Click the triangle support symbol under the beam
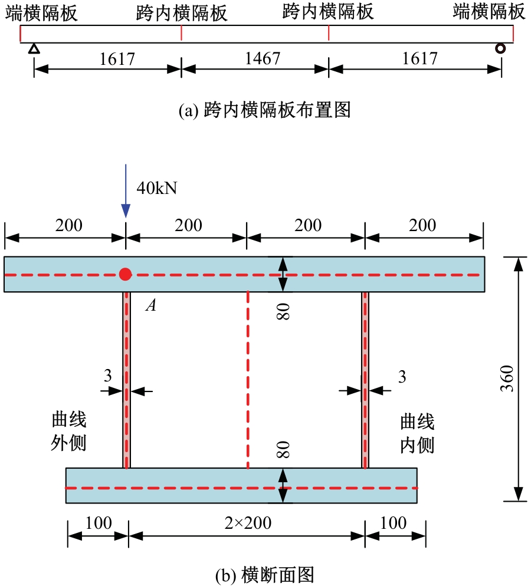[34, 48]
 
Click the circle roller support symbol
[500, 48]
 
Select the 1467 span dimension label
[263, 58]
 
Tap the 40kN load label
[157, 187]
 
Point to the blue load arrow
[126, 190]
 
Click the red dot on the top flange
[125, 274]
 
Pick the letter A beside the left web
[151, 305]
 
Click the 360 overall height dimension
[507, 378]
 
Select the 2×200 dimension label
[248, 523]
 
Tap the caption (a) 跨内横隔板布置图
[265, 110]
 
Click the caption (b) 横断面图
[265, 575]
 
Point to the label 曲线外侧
[69, 431]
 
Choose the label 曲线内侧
[417, 433]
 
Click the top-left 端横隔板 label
[41, 13]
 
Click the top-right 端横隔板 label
[489, 11]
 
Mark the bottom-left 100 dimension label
[99, 523]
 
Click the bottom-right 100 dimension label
[393, 523]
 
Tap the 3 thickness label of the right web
[402, 377]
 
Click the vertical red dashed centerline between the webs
[248, 380]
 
